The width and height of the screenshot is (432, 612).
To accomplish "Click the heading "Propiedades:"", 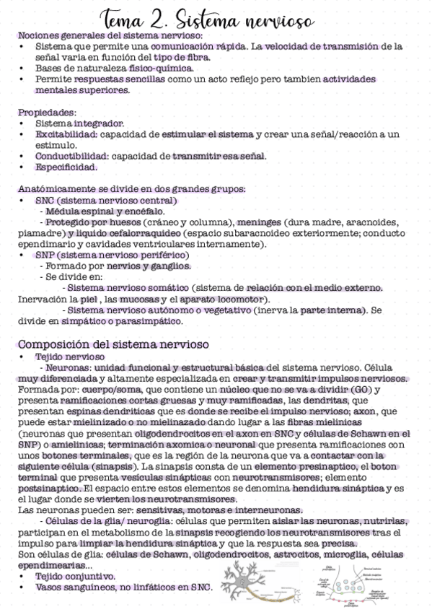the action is coord(46,113).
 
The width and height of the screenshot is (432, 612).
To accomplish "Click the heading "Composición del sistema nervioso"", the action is coord(113,344).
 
